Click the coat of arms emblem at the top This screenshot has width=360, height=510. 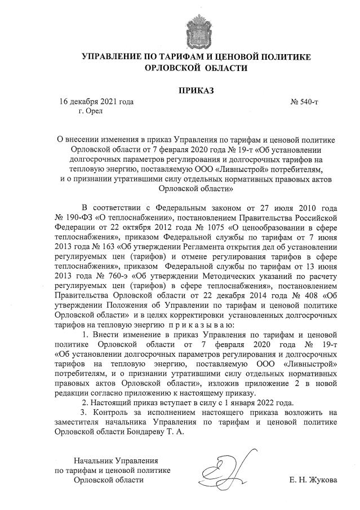pyautogui.click(x=197, y=29)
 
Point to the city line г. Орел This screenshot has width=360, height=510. pyautogui.click(x=91, y=112)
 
